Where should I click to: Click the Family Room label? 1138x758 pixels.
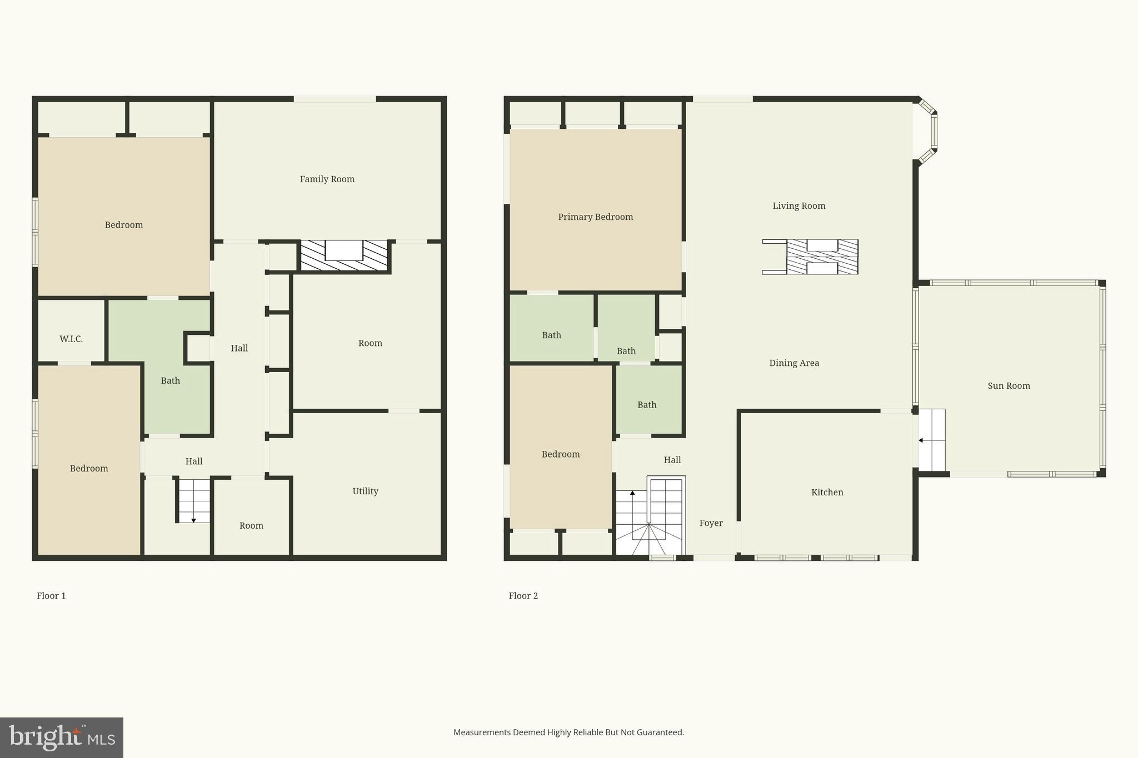click(327, 179)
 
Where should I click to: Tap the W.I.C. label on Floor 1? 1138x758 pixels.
click(71, 339)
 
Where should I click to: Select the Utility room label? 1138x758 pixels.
click(365, 491)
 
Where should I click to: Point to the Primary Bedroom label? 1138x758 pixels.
click(595, 217)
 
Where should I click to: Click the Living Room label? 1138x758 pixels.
click(798, 205)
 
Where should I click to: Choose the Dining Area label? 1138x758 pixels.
click(793, 363)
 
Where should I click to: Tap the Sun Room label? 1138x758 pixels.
click(1009, 385)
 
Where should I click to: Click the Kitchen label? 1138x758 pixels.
click(827, 492)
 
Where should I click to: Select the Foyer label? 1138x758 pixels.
click(711, 523)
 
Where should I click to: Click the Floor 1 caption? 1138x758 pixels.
click(51, 596)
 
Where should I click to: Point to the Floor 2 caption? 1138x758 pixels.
click(523, 596)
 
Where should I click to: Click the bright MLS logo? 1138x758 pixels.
click(61, 737)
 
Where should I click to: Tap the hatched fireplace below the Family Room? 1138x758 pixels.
click(344, 256)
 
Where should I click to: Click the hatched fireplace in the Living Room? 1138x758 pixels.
click(822, 257)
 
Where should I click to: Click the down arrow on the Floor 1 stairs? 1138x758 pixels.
click(193, 520)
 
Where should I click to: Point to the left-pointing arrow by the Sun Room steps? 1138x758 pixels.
click(921, 440)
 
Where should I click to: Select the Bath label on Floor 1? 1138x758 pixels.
click(170, 380)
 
